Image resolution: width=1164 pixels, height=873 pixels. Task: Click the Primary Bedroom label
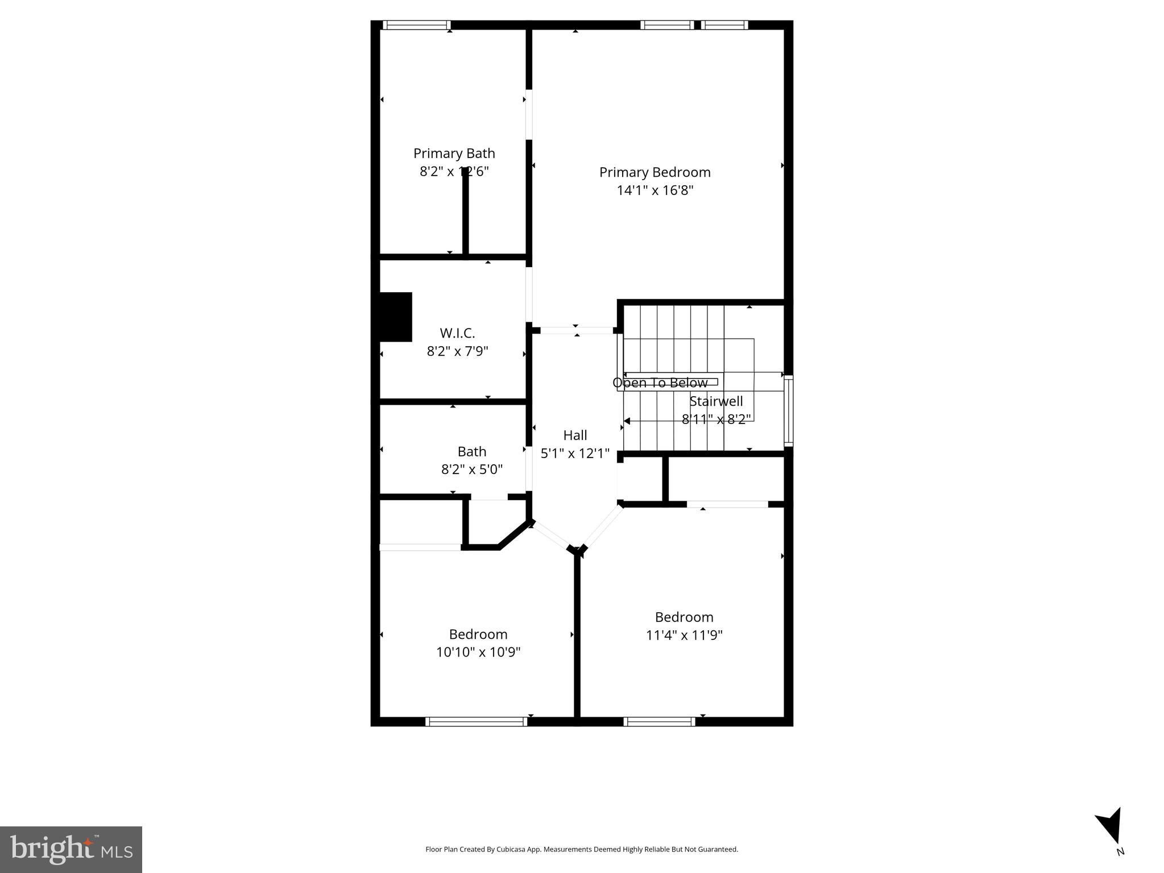click(655, 172)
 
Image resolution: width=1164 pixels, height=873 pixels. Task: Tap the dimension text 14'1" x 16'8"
click(655, 190)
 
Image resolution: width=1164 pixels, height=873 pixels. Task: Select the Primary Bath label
click(454, 153)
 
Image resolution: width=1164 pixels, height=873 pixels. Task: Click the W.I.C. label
click(457, 333)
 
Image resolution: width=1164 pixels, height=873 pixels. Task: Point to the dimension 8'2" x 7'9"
click(457, 351)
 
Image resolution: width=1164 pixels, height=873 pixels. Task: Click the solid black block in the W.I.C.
click(396, 317)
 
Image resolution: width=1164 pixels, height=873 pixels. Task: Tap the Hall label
click(575, 435)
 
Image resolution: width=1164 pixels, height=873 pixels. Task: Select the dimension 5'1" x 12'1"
click(575, 454)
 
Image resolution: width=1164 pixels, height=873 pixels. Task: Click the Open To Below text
click(660, 383)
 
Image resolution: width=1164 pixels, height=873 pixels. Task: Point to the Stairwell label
click(716, 401)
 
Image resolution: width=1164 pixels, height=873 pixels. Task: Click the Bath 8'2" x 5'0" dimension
click(471, 469)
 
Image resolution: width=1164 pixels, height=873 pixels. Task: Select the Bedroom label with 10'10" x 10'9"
click(478, 634)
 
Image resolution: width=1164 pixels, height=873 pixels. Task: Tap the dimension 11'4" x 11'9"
click(684, 635)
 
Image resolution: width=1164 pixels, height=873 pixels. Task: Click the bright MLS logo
click(71, 849)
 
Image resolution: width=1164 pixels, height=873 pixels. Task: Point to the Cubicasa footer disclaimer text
click(581, 849)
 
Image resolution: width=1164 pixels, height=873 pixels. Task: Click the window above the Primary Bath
click(416, 25)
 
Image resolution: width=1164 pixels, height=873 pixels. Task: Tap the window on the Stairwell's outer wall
click(788, 411)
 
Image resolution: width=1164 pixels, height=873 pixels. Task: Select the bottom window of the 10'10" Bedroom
click(477, 722)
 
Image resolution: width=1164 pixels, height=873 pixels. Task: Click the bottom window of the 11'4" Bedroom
click(659, 722)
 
